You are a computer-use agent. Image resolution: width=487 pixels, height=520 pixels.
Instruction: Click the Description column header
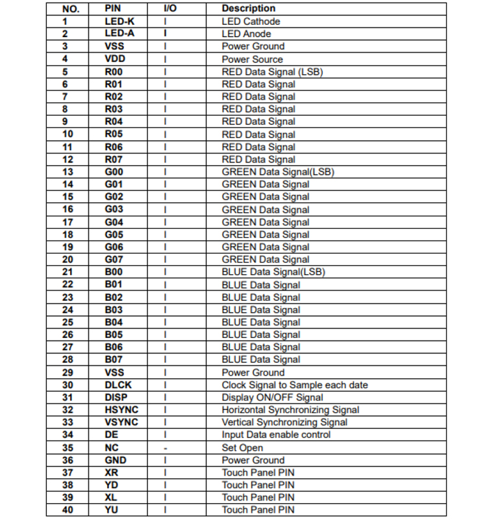point(248,8)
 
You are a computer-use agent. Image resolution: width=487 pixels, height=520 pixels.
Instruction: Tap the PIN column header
point(113,8)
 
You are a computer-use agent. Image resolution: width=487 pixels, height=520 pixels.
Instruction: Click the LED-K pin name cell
point(119,21)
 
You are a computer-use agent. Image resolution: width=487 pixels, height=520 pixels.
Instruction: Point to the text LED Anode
point(246,34)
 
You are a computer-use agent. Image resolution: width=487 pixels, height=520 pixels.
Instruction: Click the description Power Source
point(252,59)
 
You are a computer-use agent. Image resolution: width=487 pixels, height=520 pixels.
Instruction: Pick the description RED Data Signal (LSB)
point(272,71)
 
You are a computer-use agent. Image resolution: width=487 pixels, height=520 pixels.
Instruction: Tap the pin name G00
point(114,172)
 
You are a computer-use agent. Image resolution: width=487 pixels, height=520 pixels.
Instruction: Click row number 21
point(68,272)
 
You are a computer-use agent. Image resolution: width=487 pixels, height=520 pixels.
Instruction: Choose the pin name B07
point(114,359)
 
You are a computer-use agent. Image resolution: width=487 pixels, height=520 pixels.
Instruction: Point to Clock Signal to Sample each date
point(295,385)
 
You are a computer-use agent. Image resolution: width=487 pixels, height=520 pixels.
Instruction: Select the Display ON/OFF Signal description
point(272,397)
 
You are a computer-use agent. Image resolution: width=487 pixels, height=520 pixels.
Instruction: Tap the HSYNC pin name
point(121,410)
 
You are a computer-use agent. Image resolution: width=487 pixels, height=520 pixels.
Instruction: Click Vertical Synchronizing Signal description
point(284,422)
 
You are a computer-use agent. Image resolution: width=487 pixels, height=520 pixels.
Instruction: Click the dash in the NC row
point(166,448)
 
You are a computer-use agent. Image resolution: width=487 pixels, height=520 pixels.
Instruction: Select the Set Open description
point(242,448)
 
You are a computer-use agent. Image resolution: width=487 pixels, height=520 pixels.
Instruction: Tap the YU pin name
point(112,510)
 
